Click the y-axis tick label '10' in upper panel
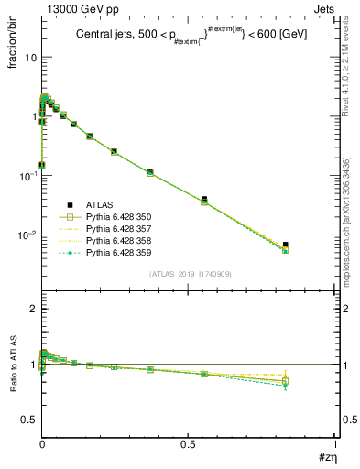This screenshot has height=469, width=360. [x=29, y=57]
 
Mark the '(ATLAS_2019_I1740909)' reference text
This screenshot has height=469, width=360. [x=189, y=274]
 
